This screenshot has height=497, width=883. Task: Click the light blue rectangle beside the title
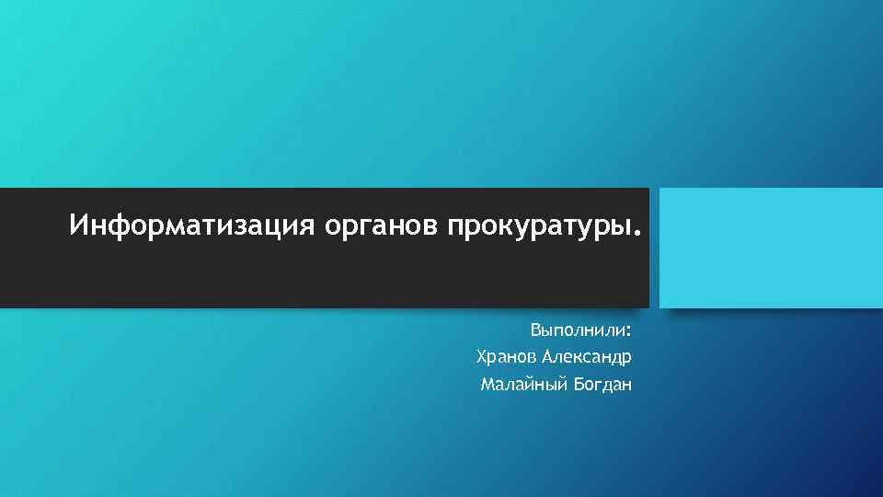[771, 248]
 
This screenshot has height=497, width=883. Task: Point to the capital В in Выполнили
[534, 329]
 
